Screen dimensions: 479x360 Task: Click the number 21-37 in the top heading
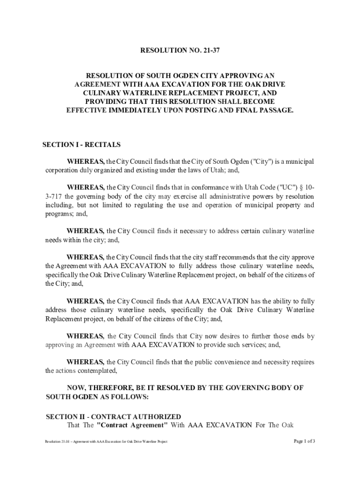210,51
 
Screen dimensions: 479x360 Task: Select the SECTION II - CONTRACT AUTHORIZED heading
113,416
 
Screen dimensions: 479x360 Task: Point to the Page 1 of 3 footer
304,441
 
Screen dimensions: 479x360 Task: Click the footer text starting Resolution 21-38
106,442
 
